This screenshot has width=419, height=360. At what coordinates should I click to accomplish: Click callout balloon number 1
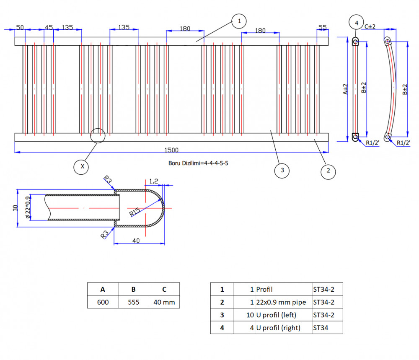[239, 21]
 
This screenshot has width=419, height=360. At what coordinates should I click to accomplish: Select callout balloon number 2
[328, 172]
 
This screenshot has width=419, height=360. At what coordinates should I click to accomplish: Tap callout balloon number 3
[282, 171]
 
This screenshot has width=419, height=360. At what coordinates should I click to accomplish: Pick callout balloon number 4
[356, 23]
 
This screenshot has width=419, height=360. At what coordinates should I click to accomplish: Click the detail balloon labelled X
[81, 167]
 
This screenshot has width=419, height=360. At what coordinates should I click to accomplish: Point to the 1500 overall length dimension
[171, 150]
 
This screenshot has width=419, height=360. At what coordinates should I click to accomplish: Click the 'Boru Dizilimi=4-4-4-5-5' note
[198, 163]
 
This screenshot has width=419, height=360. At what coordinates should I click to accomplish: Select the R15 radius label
[134, 212]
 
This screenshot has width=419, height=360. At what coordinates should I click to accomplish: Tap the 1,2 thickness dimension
[154, 181]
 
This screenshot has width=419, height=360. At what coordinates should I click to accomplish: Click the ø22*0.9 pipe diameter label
[28, 207]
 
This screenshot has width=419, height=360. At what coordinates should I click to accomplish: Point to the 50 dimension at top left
[20, 27]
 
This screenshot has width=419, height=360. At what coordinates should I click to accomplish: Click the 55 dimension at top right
[323, 27]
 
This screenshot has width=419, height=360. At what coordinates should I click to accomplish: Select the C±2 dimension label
[370, 26]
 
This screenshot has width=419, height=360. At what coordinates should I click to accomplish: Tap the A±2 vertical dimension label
[345, 89]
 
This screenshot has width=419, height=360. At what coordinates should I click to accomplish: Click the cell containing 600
[103, 302]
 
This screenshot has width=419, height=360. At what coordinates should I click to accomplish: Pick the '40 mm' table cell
[164, 302]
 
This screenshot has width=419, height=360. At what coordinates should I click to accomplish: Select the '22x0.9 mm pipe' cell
[283, 302]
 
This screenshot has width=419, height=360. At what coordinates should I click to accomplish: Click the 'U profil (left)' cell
[283, 315]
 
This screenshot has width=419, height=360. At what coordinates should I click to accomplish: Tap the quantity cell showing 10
[245, 315]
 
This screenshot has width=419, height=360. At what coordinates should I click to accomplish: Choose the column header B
[133, 289]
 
